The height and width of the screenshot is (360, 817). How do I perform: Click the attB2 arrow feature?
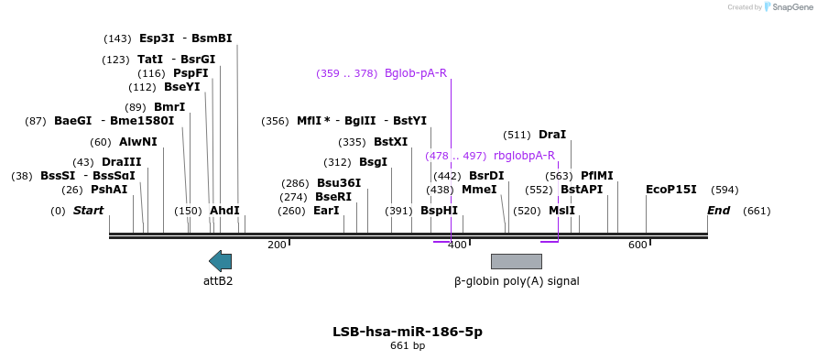coord(220,261)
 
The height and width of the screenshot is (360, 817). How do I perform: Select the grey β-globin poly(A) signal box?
coord(517,261)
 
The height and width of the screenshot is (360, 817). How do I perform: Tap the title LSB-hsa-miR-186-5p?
coord(408,331)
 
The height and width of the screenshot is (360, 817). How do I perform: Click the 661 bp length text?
coord(408,346)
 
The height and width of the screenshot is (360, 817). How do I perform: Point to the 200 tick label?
coord(277,245)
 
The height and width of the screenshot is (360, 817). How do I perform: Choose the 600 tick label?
coord(637,245)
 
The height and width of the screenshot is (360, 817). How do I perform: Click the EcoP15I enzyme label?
coord(671,190)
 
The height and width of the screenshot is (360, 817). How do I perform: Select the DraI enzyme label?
coord(552,135)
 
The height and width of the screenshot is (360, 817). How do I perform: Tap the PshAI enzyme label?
coord(109,190)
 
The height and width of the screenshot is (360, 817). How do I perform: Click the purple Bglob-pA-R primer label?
coord(416,73)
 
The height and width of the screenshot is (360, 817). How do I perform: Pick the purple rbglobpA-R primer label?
coord(524,156)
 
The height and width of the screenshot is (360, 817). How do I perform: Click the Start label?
coord(88,211)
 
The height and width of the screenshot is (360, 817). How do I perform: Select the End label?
coord(719,211)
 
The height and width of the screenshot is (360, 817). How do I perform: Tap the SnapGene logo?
coord(785,7)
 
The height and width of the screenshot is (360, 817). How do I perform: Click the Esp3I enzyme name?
coord(157,38)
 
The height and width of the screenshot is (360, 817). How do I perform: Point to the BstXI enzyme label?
coord(391,142)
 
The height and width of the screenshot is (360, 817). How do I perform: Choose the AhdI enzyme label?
coord(224,211)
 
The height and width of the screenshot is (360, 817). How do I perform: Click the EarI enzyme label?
coord(326,211)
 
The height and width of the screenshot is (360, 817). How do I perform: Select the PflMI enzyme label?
coord(597,176)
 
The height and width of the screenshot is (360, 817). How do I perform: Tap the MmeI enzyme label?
coord(479,190)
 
